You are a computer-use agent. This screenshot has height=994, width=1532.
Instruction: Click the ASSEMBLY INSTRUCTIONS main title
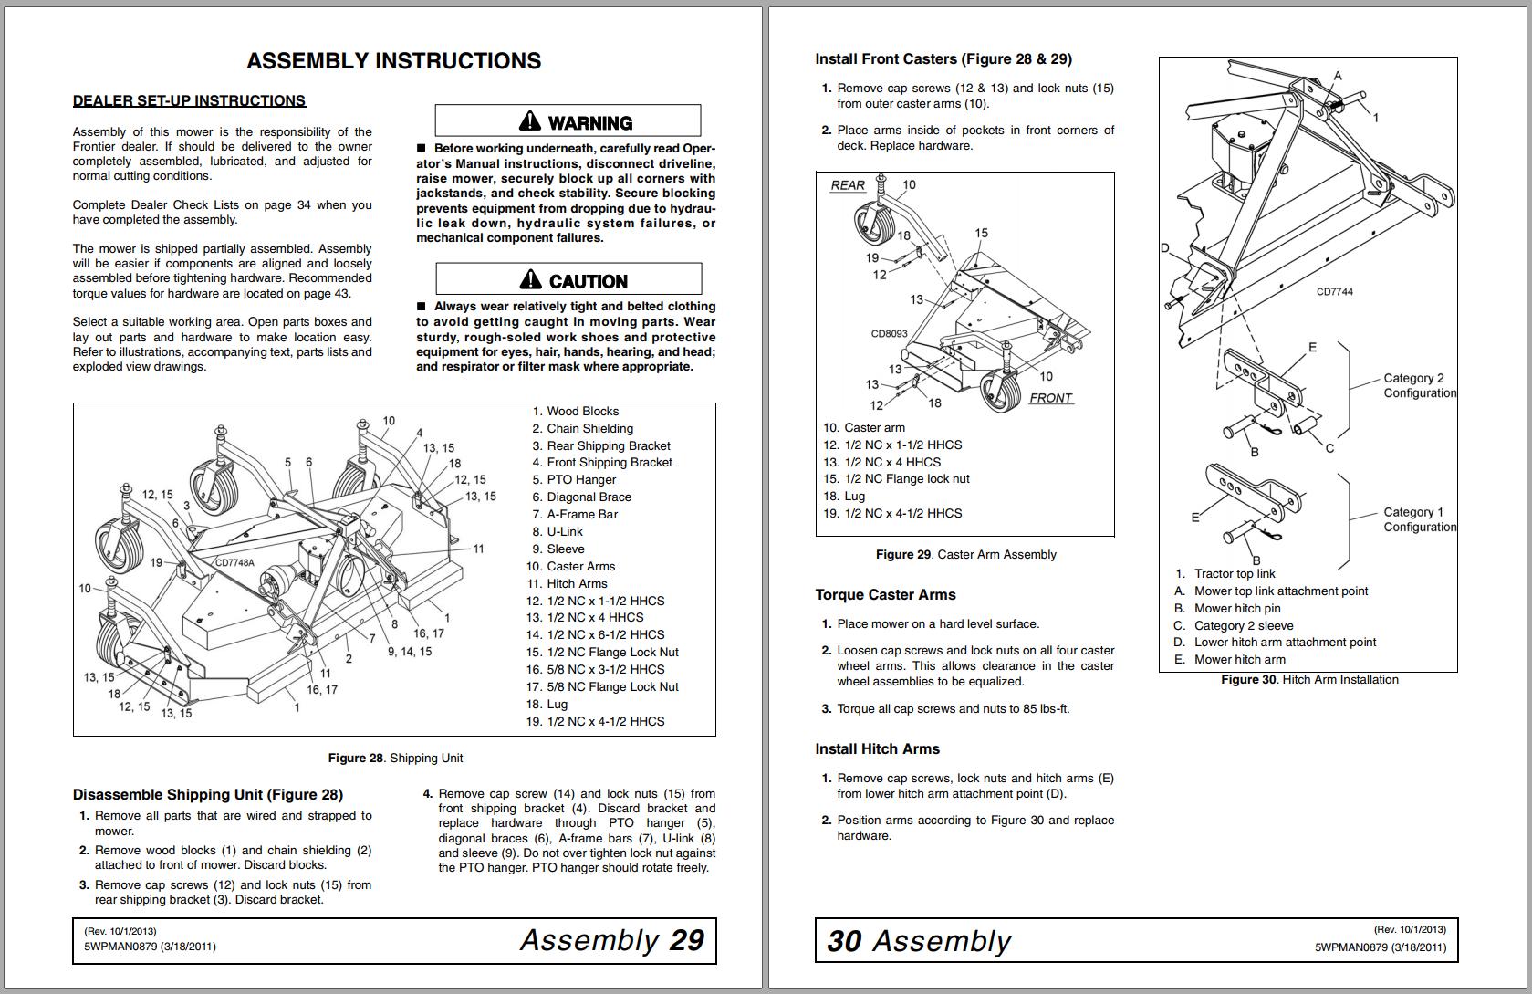(393, 61)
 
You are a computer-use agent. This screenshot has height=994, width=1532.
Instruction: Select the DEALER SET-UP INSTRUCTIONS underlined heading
(189, 101)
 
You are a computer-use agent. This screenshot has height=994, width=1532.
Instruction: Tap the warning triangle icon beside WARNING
(530, 121)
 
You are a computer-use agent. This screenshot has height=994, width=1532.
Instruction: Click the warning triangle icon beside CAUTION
(531, 279)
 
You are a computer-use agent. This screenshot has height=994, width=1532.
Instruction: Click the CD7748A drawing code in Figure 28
(234, 563)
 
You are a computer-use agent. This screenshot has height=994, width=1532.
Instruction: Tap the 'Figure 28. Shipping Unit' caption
(395, 759)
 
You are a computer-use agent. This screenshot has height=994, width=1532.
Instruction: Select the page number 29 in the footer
(686, 941)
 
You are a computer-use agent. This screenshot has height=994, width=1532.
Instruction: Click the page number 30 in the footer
(844, 942)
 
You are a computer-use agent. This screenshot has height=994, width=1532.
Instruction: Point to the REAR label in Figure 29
(848, 185)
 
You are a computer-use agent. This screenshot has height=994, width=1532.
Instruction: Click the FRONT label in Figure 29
(1050, 398)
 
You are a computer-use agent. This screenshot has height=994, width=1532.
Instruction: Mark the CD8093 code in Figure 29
(889, 334)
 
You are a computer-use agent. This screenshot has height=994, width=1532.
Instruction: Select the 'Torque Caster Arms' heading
(885, 595)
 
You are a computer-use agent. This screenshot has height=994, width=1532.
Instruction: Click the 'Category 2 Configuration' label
(1419, 386)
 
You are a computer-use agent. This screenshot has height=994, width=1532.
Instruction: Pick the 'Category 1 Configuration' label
(1419, 520)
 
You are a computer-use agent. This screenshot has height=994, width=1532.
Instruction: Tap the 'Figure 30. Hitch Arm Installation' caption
(1309, 680)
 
